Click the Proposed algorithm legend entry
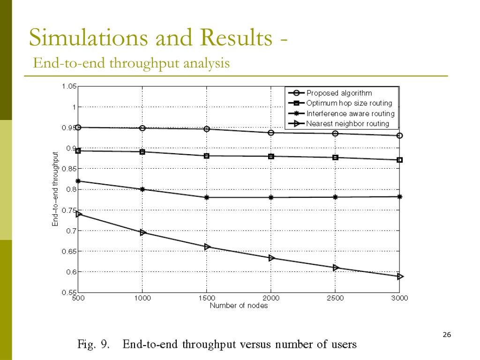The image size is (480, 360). tap(339, 93)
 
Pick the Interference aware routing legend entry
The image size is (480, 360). tap(350, 113)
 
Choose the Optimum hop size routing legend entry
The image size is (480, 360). tap(349, 103)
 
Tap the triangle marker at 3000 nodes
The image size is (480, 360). tap(400, 277)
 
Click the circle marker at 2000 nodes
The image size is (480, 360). tap(271, 133)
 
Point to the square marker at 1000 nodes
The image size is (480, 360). tap(142, 152)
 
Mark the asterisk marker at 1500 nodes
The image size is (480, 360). tap(207, 197)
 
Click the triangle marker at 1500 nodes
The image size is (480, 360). tap(207, 247)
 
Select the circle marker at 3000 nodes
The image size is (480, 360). tap(400, 135)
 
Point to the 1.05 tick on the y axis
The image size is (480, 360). tap(68, 86)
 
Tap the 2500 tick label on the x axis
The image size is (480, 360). tap(335, 298)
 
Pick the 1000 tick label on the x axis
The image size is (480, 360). tap(142, 298)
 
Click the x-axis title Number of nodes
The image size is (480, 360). tap(239, 306)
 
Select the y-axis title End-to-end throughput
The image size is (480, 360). tap(55, 189)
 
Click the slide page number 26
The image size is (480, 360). tap(446, 335)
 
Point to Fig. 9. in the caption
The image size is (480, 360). tap(94, 345)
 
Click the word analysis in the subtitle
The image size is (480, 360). tap(207, 63)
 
